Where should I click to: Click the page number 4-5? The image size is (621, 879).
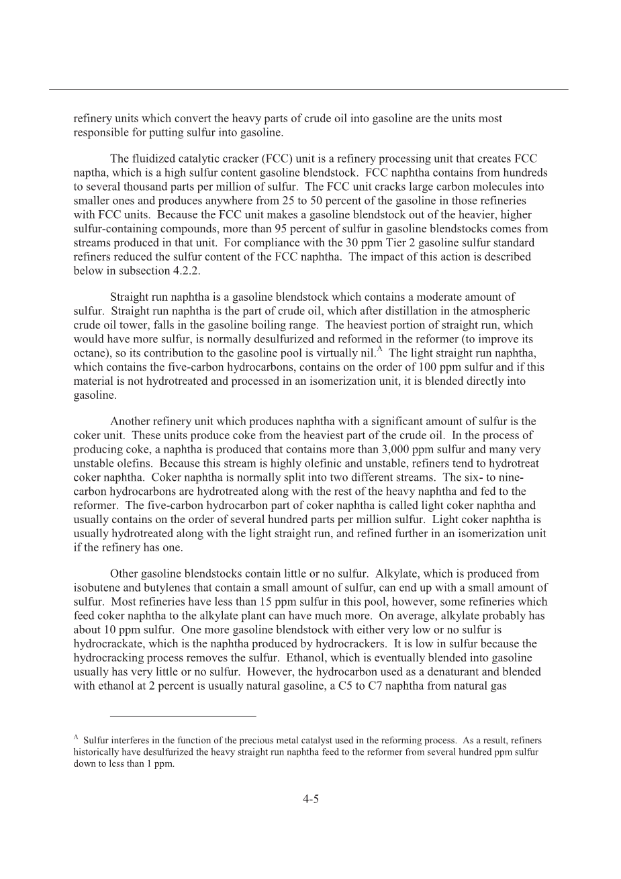tap(310, 799)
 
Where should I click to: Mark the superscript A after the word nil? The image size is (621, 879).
tap(380, 349)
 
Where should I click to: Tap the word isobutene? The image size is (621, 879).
tap(95, 588)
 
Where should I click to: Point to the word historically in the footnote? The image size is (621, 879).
tap(97, 752)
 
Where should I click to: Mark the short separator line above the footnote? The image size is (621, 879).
tap(183, 716)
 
